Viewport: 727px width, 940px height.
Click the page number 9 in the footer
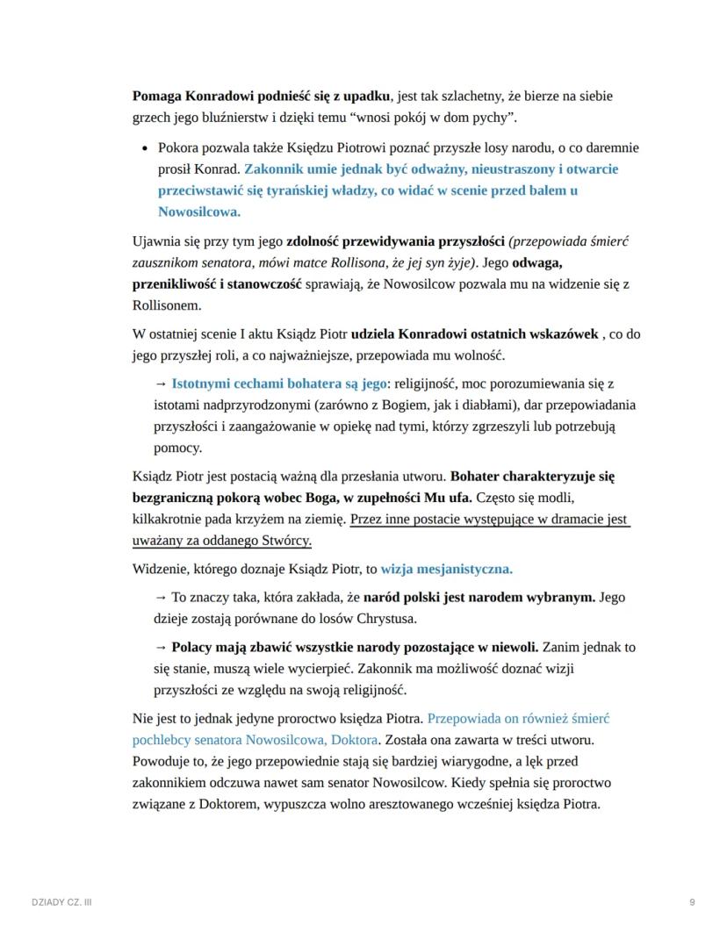(x=693, y=902)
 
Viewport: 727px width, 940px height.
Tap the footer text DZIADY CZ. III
(x=61, y=902)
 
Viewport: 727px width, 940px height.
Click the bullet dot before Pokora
(x=146, y=148)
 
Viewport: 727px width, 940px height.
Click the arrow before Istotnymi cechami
(x=161, y=384)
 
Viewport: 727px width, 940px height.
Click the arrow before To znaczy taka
(x=161, y=597)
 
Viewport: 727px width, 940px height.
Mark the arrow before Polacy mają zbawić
(x=161, y=647)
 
